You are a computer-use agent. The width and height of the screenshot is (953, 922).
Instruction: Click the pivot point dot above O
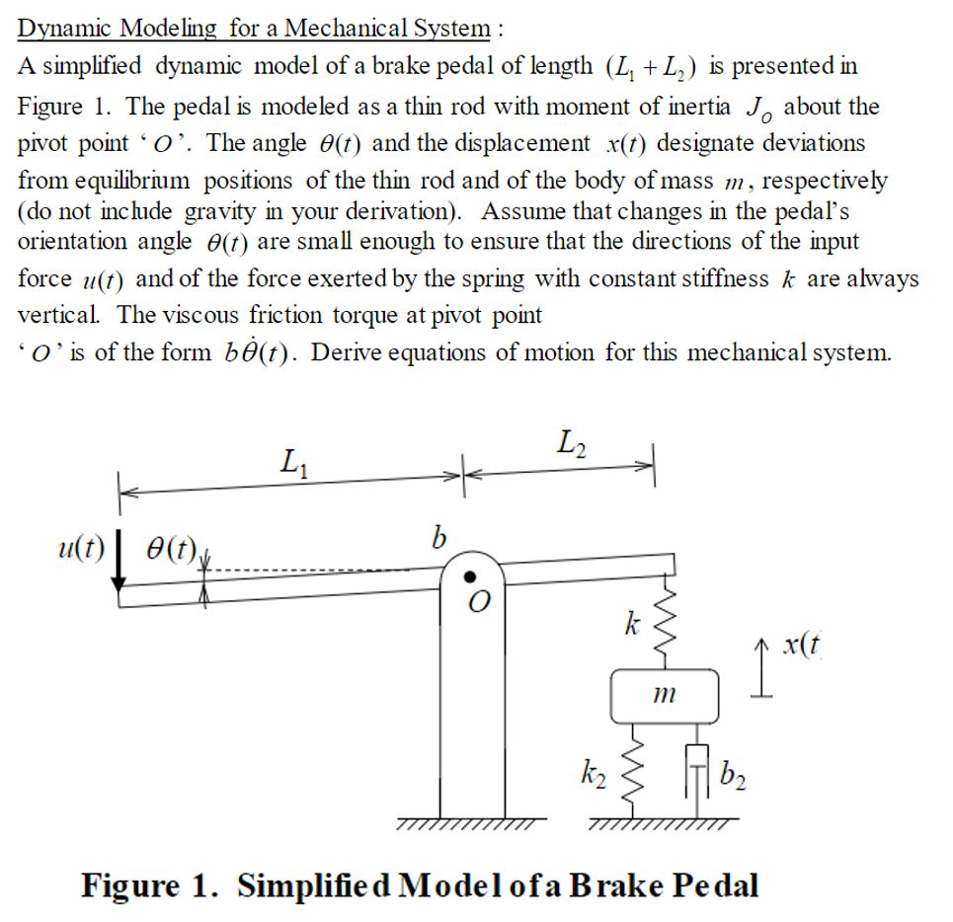click(x=472, y=576)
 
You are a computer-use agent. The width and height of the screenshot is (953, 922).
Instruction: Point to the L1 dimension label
click(x=292, y=461)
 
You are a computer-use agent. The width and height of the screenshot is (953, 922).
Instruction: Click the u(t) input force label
click(x=82, y=550)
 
